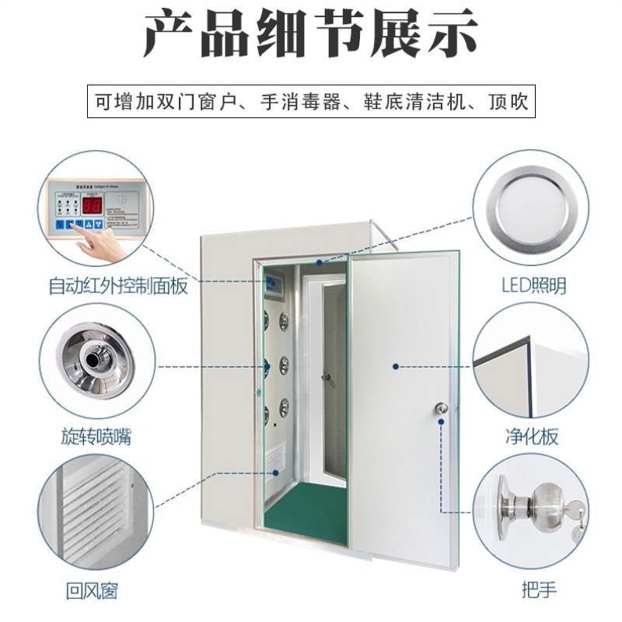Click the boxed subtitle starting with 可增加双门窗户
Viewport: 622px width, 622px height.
pyautogui.click(x=311, y=102)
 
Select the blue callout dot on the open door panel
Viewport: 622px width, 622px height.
pyautogui.click(x=396, y=365)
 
